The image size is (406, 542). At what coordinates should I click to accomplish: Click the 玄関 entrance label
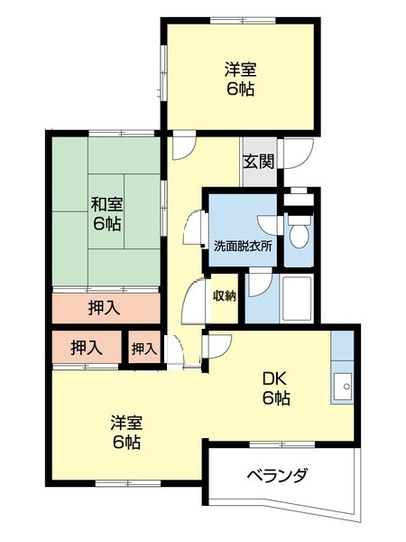tap(259, 162)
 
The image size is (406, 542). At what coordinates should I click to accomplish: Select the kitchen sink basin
tap(342, 387)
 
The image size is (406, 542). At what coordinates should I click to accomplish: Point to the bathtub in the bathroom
tap(297, 299)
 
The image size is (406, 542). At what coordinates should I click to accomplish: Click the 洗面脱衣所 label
tap(243, 246)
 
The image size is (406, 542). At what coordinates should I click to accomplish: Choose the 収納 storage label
tap(224, 295)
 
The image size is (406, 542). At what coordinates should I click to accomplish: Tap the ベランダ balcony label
tap(277, 476)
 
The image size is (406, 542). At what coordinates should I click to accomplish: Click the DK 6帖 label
tap(276, 389)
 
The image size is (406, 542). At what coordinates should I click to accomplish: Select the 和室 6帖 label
tap(106, 214)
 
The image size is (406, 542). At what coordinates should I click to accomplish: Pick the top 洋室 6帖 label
tap(241, 79)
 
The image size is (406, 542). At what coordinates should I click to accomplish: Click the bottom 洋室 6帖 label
tap(126, 433)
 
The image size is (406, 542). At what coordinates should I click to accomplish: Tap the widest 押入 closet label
tap(105, 308)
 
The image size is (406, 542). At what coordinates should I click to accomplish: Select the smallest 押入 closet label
tap(144, 349)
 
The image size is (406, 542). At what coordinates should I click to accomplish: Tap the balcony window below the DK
tap(282, 444)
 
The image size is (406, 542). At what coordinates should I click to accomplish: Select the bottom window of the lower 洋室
tap(128, 483)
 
